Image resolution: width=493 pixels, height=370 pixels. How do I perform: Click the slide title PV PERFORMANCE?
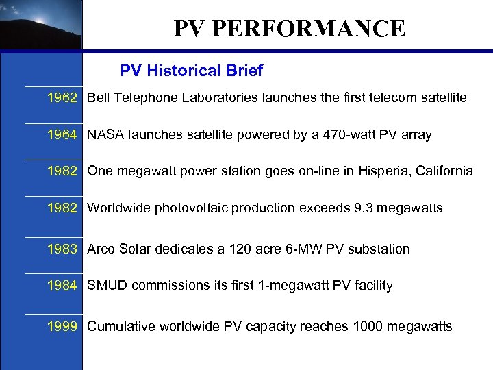[289, 29]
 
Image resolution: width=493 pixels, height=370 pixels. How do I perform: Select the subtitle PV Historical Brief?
[191, 71]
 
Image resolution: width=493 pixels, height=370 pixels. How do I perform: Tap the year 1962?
[62, 98]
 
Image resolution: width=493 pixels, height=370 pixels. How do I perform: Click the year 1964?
[62, 135]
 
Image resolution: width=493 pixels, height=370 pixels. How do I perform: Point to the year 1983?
[62, 249]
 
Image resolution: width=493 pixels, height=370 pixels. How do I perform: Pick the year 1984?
[62, 286]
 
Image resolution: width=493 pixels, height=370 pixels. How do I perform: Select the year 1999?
[62, 327]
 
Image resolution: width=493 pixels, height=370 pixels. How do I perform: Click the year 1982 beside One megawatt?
[62, 171]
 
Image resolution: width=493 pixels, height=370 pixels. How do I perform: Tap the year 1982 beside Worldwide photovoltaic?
[62, 208]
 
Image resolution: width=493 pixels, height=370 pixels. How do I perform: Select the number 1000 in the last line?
[368, 327]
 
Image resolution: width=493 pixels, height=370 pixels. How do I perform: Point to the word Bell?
[99, 98]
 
